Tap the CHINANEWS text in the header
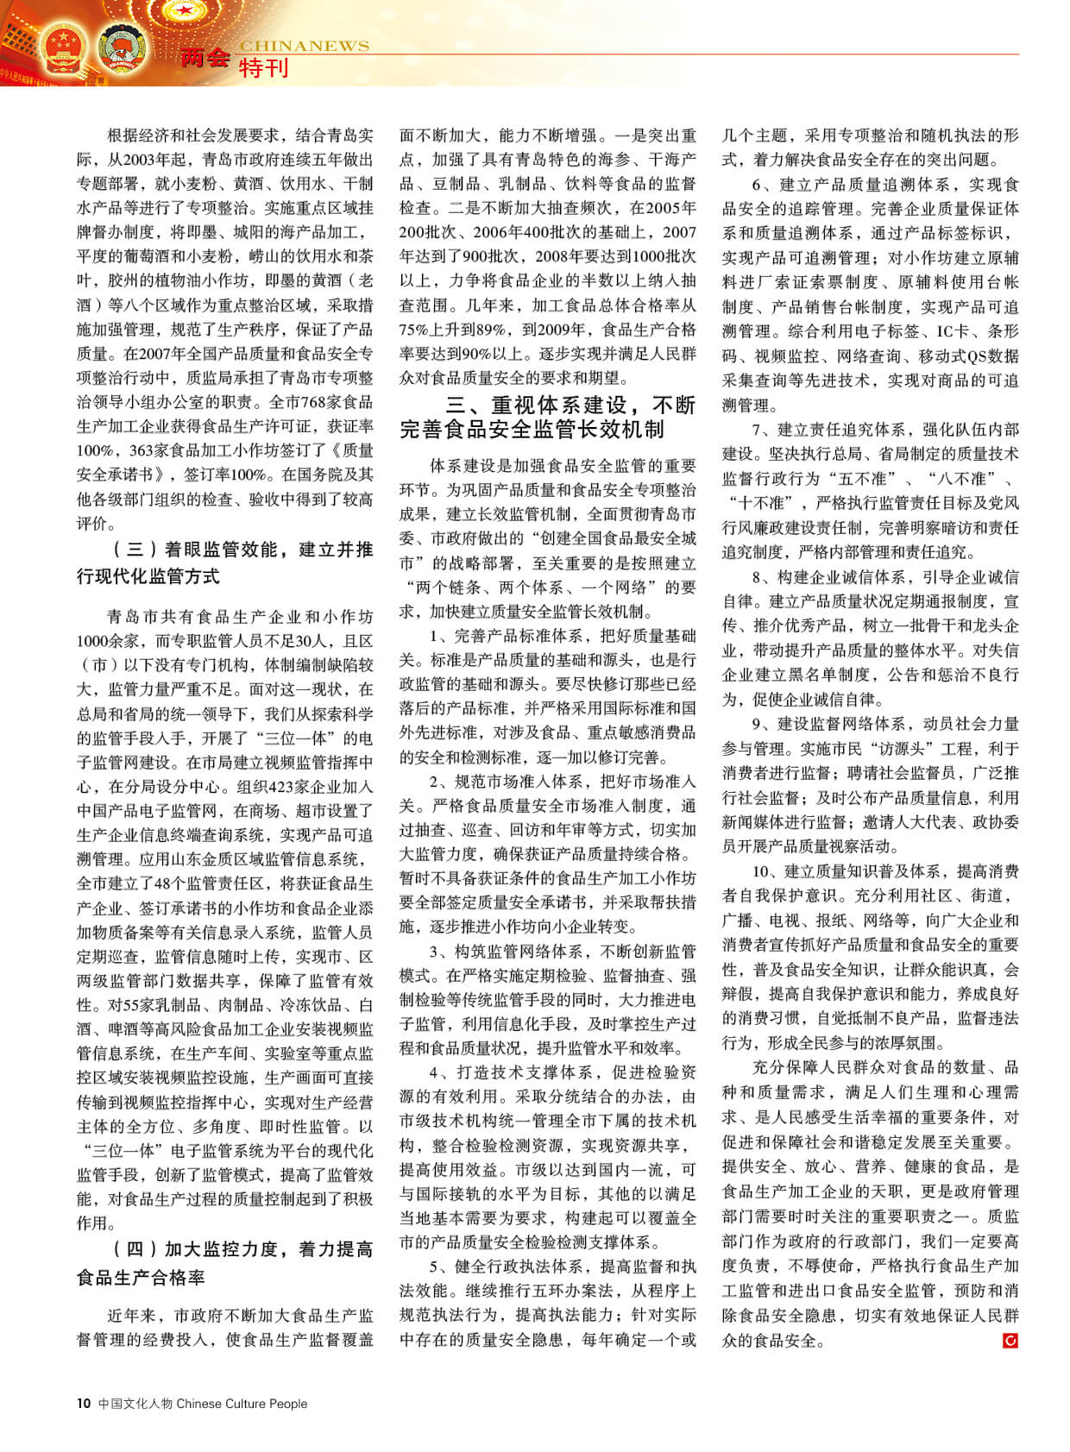tap(304, 46)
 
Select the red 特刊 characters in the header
tap(263, 68)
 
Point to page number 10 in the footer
tap(84, 1403)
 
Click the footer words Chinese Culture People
tap(242, 1403)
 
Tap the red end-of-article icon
tap(1010, 1340)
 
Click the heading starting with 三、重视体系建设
tap(547, 416)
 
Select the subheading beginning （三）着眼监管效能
tap(224, 563)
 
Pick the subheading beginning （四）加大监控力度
tap(224, 1263)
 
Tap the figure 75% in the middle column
tap(414, 329)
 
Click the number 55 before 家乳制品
tap(135, 1004)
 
